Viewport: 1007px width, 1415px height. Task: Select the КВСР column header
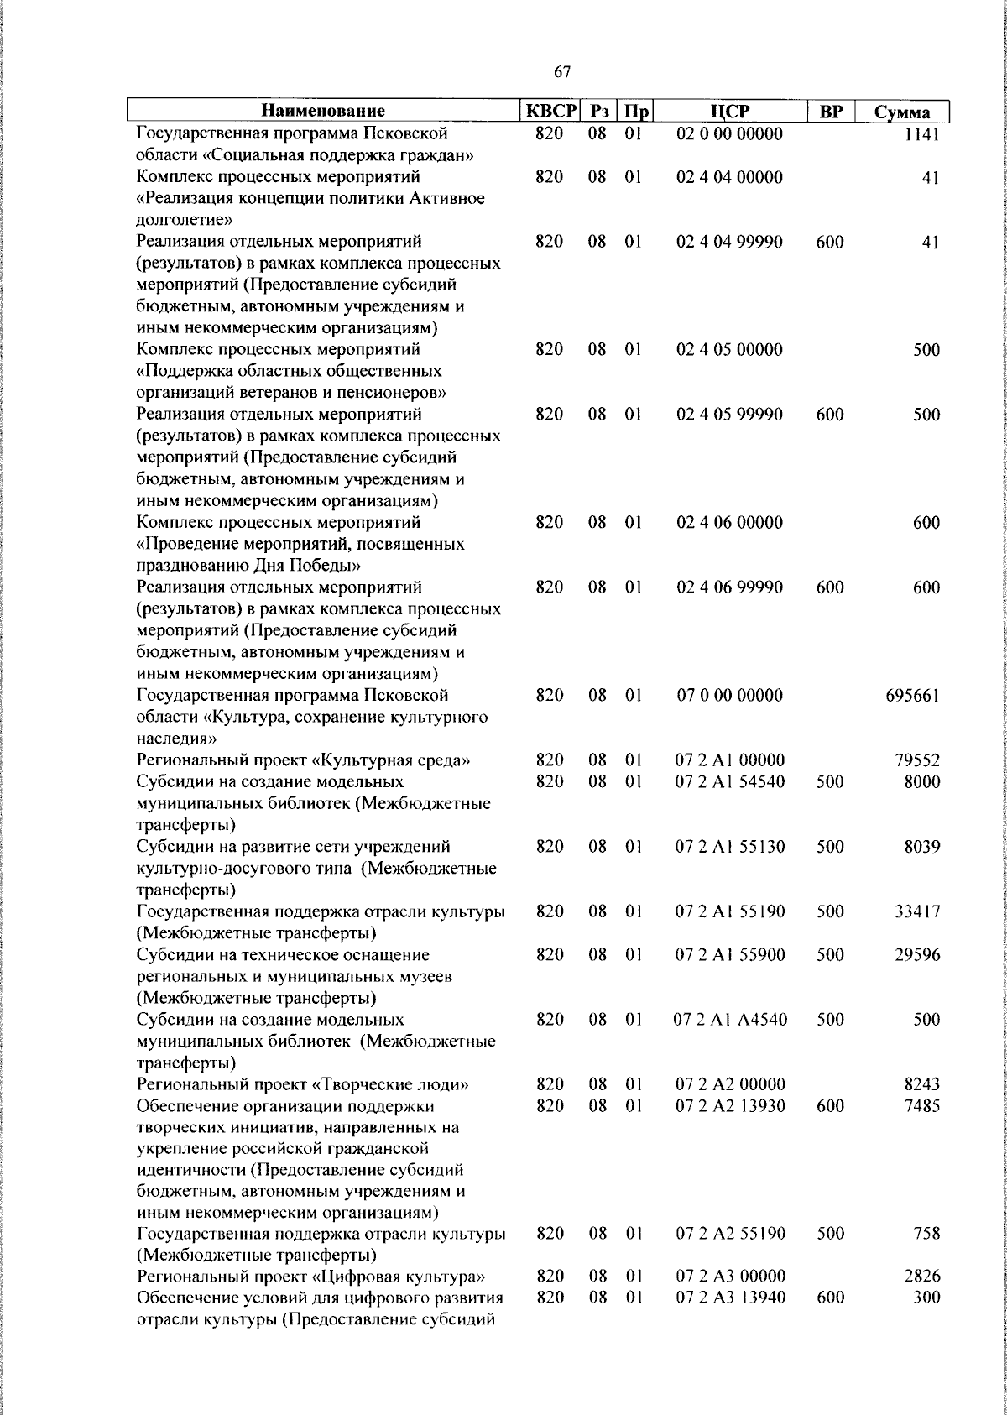(550, 111)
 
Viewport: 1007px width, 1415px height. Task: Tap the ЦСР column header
(729, 111)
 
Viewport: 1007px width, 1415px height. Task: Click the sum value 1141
(922, 133)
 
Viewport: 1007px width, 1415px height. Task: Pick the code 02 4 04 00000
(729, 177)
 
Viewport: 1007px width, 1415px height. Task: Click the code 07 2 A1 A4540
(730, 1020)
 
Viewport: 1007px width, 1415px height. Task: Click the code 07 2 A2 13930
(730, 1106)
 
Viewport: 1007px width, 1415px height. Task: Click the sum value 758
(927, 1234)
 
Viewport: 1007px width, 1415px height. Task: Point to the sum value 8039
(921, 847)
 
